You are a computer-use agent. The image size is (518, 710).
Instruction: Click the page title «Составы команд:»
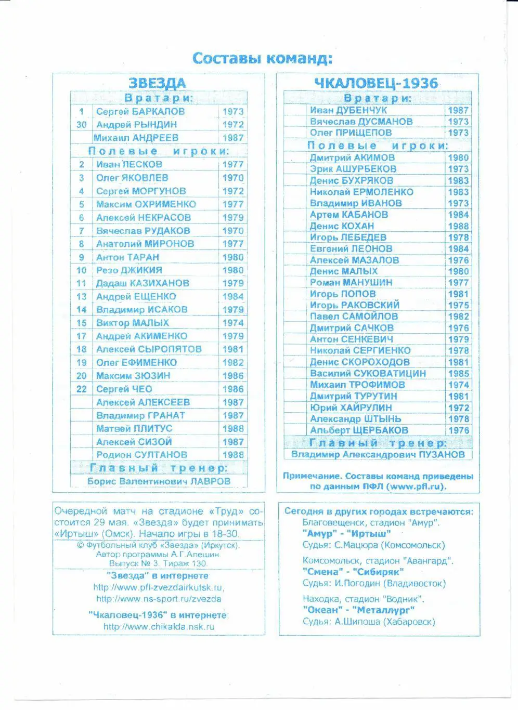[262, 58]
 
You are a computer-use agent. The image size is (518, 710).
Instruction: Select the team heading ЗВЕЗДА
[157, 83]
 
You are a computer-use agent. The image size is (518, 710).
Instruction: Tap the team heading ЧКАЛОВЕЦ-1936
[376, 83]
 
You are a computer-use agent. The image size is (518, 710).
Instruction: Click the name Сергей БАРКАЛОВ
[140, 112]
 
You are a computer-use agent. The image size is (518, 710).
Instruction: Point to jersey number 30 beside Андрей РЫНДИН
[82, 125]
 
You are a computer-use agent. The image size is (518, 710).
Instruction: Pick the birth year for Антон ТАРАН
[233, 257]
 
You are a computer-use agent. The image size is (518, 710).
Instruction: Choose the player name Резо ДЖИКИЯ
[129, 270]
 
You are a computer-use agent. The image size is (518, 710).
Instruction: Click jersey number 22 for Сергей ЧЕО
[82, 389]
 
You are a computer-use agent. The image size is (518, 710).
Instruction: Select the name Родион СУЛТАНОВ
[141, 455]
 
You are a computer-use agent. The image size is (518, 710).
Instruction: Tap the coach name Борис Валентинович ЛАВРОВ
[159, 481]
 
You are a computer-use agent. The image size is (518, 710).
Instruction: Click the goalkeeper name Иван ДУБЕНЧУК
[348, 110]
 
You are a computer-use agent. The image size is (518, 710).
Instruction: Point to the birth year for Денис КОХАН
[458, 226]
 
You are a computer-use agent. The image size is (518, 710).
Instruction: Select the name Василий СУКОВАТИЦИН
[368, 374]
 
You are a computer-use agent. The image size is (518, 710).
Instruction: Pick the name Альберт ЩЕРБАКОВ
[359, 430]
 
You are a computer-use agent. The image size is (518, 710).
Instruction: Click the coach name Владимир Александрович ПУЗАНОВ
[378, 454]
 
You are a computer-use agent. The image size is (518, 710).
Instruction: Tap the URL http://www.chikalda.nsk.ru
[159, 627]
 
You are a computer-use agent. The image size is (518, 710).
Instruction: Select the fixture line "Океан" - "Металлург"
[358, 610]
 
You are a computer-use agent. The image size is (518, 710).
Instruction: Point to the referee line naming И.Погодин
[374, 584]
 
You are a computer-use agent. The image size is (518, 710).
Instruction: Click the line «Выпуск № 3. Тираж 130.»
[158, 563]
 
